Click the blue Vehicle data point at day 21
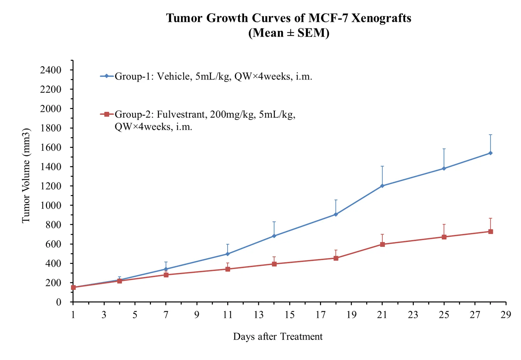pyautogui.click(x=382, y=186)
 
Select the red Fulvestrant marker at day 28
pyautogui.click(x=491, y=232)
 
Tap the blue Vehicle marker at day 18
pyautogui.click(x=336, y=214)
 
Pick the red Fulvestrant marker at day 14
pyautogui.click(x=274, y=264)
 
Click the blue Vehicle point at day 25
pyautogui.click(x=444, y=169)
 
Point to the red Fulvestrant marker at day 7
pyautogui.click(x=166, y=275)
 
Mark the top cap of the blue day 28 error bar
pyautogui.click(x=491, y=135)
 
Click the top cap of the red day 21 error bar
pyautogui.click(x=382, y=234)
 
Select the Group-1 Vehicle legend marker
pyautogui.click(x=107, y=76)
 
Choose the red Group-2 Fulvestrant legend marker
pyautogui.click(x=107, y=114)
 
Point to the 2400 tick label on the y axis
pyautogui.click(x=50, y=70)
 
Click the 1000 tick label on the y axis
pyautogui.click(x=50, y=205)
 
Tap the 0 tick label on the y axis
pyautogui.click(x=58, y=302)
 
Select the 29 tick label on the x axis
pyautogui.click(x=506, y=315)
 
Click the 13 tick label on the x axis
pyautogui.click(x=259, y=315)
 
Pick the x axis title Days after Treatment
pyautogui.click(x=278, y=337)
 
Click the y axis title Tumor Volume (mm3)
pyautogui.click(x=26, y=176)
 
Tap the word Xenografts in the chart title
pyautogui.click(x=381, y=18)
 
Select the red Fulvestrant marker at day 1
pyautogui.click(x=73, y=287)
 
